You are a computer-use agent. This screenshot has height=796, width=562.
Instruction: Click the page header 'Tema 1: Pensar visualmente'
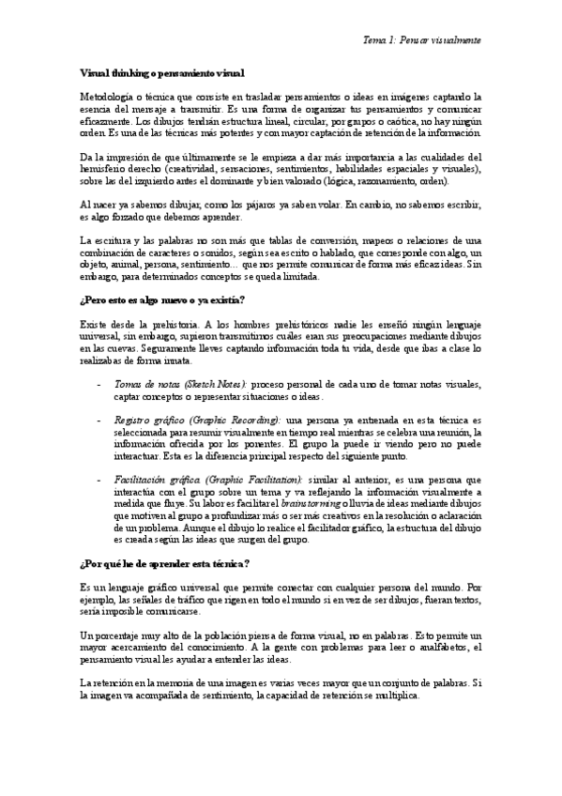(421, 41)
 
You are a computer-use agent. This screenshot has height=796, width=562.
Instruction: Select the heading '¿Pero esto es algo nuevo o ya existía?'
(162, 299)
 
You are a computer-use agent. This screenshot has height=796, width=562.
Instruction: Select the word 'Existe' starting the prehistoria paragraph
(95, 324)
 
